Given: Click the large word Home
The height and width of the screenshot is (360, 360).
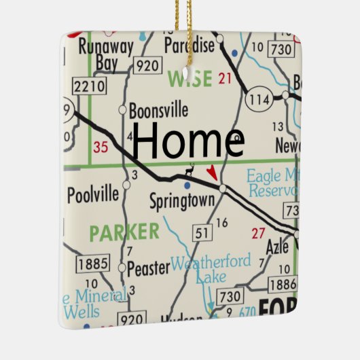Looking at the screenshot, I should click(187, 141).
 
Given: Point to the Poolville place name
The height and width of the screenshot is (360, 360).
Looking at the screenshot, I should click(93, 195).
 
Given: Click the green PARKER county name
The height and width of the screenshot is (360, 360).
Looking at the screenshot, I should click(124, 232).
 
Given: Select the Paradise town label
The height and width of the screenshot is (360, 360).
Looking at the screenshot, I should click(190, 46).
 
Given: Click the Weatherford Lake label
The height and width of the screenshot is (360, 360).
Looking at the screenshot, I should click(211, 268).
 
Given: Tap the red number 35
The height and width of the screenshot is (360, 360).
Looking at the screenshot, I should click(101, 146).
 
